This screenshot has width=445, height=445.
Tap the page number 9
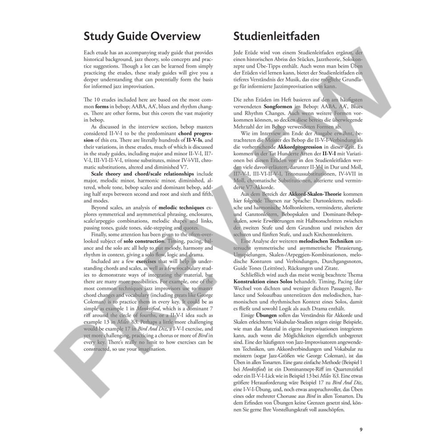coord(361,429)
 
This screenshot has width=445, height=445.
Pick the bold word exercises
coord(149,262)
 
